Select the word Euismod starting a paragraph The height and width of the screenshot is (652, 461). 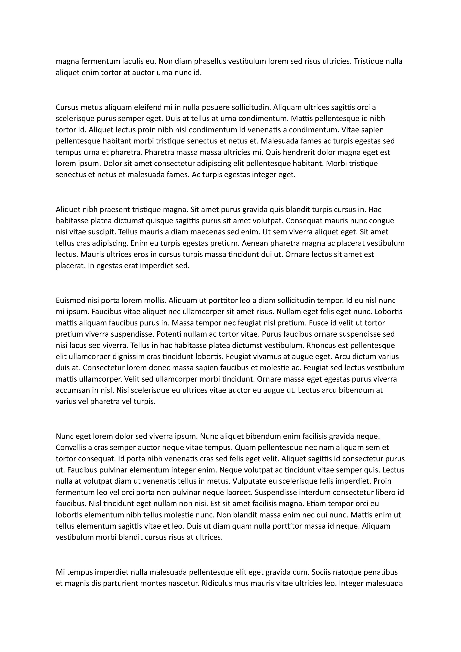69,300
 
